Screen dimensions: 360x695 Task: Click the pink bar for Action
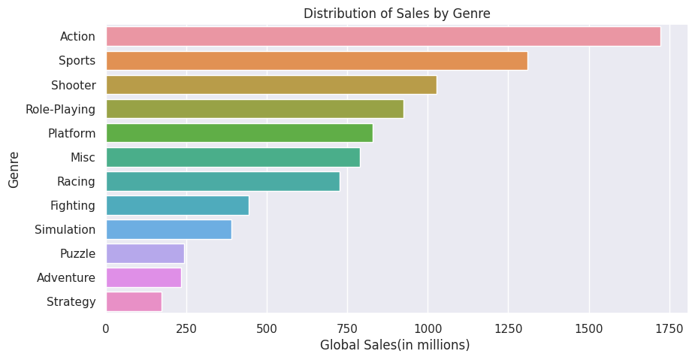382,36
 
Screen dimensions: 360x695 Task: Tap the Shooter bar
270,85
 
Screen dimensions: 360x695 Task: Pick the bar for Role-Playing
254,109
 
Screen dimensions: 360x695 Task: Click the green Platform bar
239,133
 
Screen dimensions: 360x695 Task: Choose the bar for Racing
222,181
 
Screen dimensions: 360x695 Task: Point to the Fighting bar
177,205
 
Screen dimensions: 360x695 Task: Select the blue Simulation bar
168,229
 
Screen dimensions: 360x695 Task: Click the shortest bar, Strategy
133,301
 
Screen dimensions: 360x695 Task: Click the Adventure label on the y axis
66,277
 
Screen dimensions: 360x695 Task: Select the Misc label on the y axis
83,157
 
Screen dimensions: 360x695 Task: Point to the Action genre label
77,36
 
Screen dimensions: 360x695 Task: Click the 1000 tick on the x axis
428,328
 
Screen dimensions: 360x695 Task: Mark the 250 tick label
186,328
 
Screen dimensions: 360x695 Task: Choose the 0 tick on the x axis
106,328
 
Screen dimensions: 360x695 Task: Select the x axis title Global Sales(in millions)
394,345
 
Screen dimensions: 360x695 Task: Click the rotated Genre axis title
14,169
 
